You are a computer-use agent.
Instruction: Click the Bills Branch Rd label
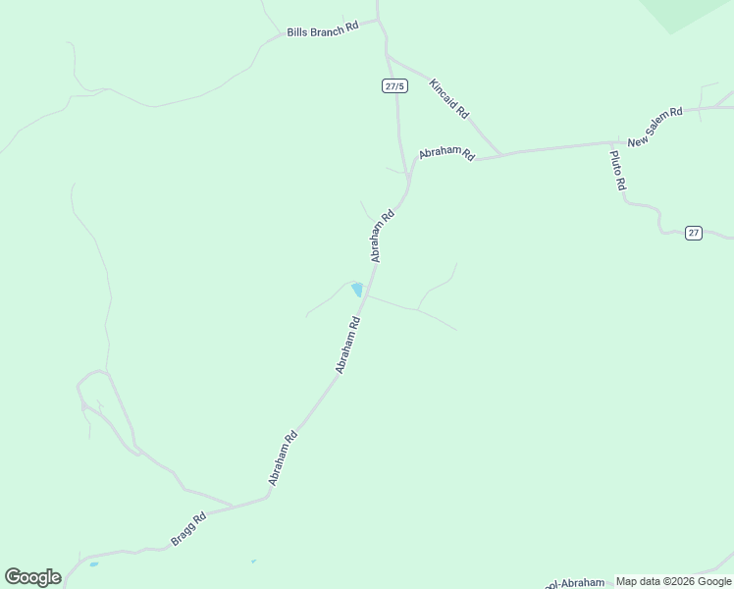(323, 31)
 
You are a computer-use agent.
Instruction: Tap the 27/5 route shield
(394, 86)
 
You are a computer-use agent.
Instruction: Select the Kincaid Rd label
(448, 97)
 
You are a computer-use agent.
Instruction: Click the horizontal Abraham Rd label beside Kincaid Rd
(446, 154)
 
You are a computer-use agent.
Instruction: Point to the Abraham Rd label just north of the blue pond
(382, 235)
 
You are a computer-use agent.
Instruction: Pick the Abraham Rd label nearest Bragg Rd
(283, 458)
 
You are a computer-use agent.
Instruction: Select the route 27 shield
(694, 233)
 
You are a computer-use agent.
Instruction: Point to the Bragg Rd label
(187, 529)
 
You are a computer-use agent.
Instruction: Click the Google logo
(32, 577)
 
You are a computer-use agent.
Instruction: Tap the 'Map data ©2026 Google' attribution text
(673, 581)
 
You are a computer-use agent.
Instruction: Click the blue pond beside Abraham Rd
(357, 290)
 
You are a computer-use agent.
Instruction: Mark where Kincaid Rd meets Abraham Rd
(501, 155)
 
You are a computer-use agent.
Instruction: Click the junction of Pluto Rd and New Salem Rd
(610, 143)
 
